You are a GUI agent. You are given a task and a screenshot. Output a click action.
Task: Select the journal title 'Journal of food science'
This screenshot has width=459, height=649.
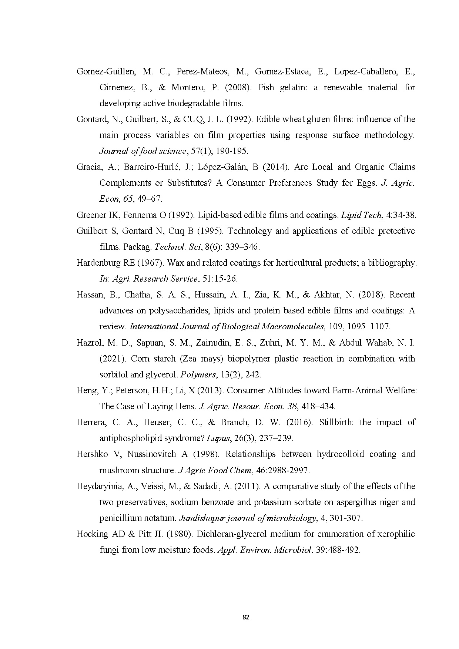pos(143,151)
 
